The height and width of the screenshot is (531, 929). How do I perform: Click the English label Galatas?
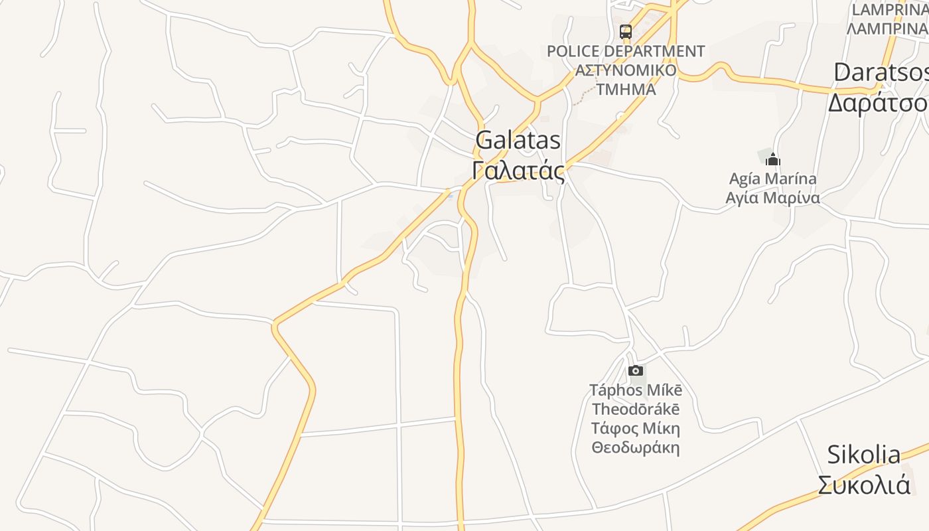coord(518,141)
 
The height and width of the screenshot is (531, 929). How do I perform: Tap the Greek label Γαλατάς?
coord(518,171)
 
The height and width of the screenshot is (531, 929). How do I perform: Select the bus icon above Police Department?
coord(626,31)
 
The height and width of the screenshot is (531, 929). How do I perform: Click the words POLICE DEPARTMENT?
coord(626,51)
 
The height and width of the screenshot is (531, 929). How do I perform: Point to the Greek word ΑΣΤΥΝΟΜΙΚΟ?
coord(626,70)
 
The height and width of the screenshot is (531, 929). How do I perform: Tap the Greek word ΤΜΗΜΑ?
coord(626,89)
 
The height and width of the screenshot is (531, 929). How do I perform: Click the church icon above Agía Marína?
coord(772,159)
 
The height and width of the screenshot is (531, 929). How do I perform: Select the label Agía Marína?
coord(772,179)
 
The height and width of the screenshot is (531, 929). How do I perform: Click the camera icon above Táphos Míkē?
coord(636,370)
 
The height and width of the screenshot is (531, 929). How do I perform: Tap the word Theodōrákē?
coord(636,409)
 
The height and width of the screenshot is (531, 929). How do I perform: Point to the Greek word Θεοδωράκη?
coord(636,447)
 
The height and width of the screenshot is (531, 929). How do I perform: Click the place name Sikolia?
coord(864,455)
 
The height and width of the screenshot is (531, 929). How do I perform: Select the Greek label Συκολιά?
coord(864,485)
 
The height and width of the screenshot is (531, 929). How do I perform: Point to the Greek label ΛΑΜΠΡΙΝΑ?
coord(887,29)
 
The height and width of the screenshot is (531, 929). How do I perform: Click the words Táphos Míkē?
coord(636,390)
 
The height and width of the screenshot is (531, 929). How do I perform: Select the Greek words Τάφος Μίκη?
coord(636,428)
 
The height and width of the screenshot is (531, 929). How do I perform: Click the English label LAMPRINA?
coord(889,10)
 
